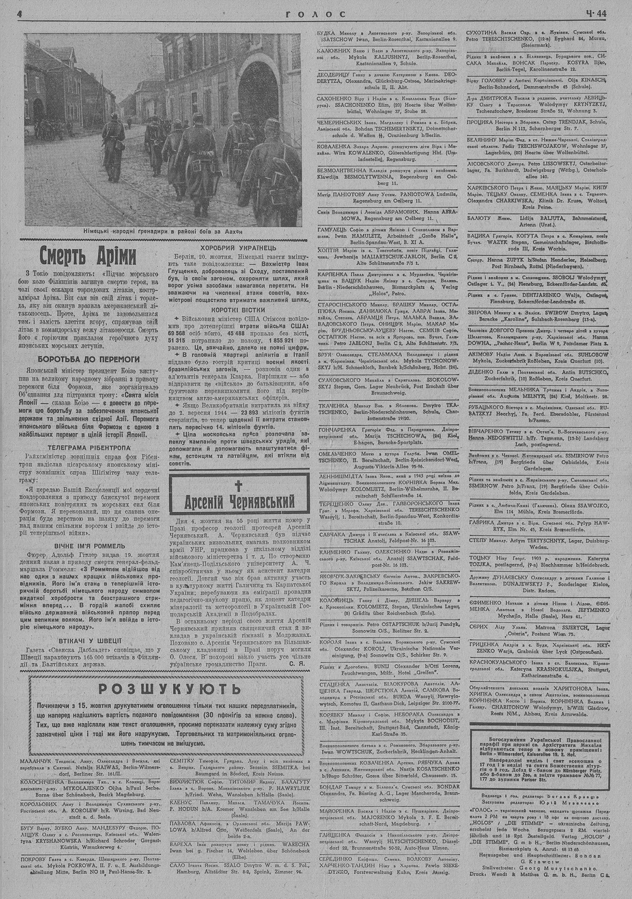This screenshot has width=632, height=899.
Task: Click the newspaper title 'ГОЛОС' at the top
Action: click(315, 13)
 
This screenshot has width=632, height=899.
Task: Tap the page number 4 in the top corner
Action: click(20, 14)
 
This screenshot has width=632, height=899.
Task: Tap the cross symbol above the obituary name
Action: click(239, 486)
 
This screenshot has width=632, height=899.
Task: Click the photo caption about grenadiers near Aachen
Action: click(163, 231)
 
